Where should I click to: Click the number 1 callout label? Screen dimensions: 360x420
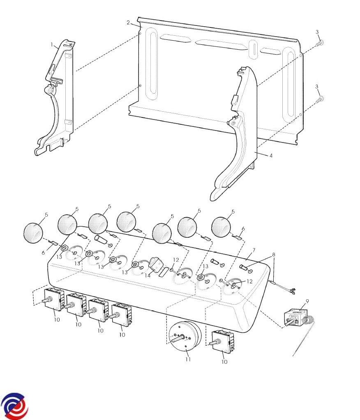[x=52, y=44]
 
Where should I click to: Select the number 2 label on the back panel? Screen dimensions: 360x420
[x=128, y=23]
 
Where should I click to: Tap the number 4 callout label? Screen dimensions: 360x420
[x=271, y=155]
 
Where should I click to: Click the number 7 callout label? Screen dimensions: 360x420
[x=254, y=250]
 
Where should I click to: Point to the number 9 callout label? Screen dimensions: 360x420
[x=307, y=301]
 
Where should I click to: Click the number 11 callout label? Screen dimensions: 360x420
[x=188, y=359]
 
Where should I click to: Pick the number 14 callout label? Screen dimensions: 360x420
[x=148, y=275]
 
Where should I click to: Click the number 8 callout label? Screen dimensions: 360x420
[x=273, y=255]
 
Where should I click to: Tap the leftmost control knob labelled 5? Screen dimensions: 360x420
[x=33, y=233]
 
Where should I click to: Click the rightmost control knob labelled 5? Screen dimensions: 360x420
[x=221, y=227]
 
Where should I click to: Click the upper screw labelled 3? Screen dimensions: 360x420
[x=320, y=43]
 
